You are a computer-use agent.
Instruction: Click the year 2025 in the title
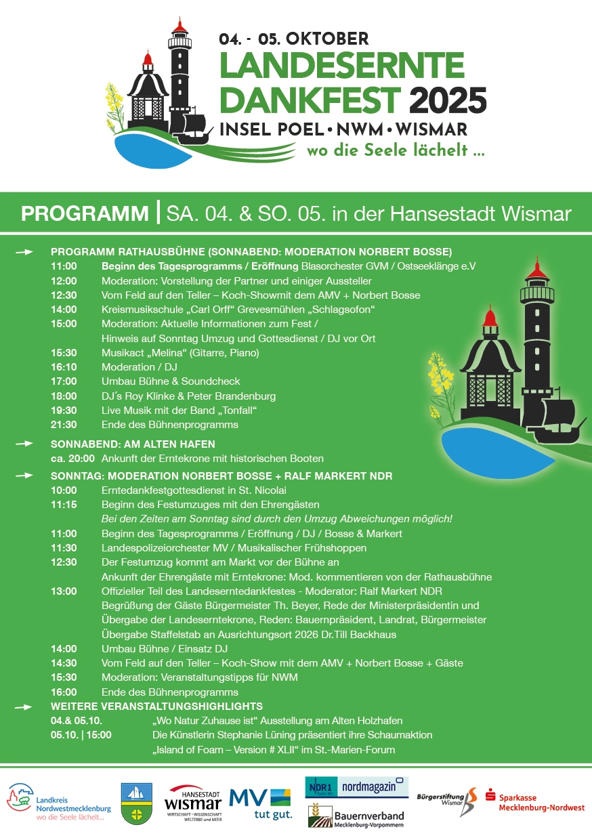pyautogui.click(x=448, y=102)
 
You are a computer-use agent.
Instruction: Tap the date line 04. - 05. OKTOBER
pyautogui.click(x=293, y=39)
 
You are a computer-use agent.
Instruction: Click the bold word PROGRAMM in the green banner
pyautogui.click(x=85, y=213)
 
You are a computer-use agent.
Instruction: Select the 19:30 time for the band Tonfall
pyautogui.click(x=64, y=411)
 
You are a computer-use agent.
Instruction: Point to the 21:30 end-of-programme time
pyautogui.click(x=64, y=425)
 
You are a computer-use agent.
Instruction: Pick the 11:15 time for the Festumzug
pyautogui.click(x=64, y=505)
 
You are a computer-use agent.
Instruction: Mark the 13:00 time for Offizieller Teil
pyautogui.click(x=64, y=591)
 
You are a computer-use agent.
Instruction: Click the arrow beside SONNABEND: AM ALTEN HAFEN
pyautogui.click(x=24, y=444)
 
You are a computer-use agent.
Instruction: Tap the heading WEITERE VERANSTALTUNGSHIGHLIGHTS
pyautogui.click(x=156, y=707)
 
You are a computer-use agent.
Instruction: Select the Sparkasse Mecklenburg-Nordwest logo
pyautogui.click(x=535, y=802)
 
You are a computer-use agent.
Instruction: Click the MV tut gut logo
pyautogui.click(x=260, y=803)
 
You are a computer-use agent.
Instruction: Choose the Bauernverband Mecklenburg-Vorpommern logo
pyautogui.click(x=356, y=817)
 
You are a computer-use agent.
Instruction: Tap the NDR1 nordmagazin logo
pyautogui.click(x=356, y=787)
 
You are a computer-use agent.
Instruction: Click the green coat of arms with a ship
pyautogui.click(x=136, y=803)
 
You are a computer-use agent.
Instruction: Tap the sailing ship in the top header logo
pyautogui.click(x=196, y=128)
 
